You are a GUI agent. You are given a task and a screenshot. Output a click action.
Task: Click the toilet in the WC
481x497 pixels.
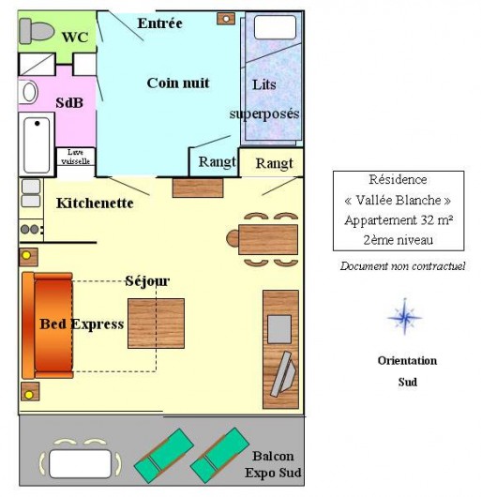[36, 31]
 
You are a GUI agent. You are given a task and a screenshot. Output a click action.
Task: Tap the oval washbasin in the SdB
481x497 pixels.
[28, 92]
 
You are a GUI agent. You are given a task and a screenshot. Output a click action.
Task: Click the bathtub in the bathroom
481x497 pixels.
[37, 144]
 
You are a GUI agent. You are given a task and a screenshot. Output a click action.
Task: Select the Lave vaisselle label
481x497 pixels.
[75, 157]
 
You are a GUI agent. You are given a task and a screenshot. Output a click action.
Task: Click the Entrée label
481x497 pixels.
[160, 23]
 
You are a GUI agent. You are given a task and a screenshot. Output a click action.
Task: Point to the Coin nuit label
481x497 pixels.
[178, 83]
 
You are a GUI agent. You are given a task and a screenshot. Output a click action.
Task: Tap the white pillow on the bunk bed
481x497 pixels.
[275, 27]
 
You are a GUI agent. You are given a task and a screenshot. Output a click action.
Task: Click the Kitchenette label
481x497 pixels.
[95, 203]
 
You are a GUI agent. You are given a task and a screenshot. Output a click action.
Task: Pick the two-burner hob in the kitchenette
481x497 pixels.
[31, 229]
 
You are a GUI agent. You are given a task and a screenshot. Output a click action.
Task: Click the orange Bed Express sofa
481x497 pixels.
[48, 325]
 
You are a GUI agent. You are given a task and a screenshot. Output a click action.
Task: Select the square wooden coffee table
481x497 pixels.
[156, 324]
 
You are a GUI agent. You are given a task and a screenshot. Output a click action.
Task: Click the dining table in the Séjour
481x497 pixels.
[268, 239]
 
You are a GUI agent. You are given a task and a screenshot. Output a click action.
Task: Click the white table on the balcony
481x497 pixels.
[81, 464]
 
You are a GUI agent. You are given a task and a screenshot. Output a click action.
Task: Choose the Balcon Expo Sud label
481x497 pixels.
[273, 464]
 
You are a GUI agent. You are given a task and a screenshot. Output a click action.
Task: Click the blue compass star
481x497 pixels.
[405, 317]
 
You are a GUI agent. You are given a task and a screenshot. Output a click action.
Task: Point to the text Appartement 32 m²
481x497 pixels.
[398, 220]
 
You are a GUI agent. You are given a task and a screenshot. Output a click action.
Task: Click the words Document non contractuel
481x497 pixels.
[403, 266]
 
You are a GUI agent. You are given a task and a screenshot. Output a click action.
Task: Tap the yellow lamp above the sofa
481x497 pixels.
[26, 255]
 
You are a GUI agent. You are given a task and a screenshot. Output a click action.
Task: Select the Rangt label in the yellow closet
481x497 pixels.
[275, 164]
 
